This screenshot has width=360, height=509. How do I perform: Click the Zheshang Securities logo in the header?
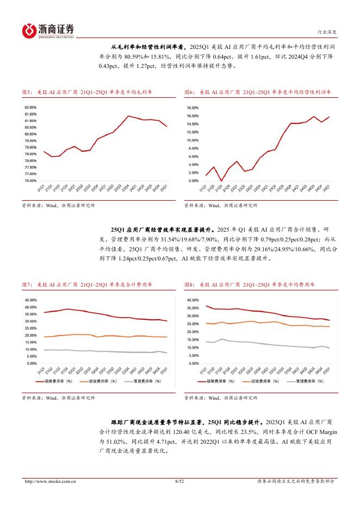(x=48, y=30)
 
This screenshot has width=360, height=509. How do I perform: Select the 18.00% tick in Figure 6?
(x=193, y=108)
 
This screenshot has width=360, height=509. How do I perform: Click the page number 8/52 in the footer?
(x=180, y=481)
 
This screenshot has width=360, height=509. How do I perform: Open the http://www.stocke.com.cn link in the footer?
(x=48, y=481)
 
